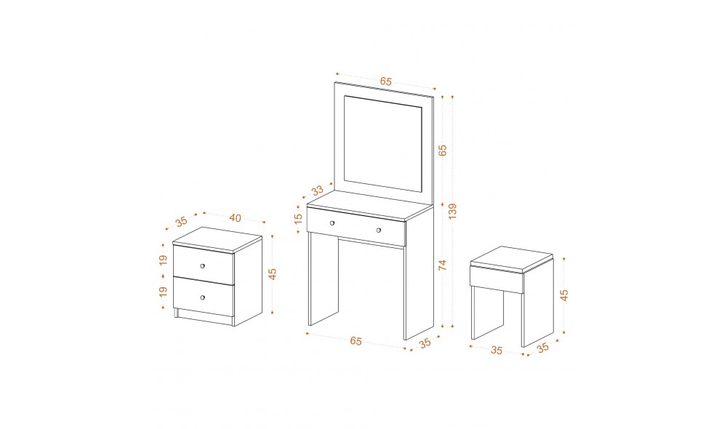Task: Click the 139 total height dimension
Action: pos(452,211)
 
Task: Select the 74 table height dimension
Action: pos(442,265)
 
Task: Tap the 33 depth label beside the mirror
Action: pos(317,191)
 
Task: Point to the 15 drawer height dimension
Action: pos(298,218)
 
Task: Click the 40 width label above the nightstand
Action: pos(235,217)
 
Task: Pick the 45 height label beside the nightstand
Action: pos(273,274)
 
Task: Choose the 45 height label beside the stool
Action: pos(564,295)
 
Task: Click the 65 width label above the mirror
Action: pos(386,81)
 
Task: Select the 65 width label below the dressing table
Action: pos(356,341)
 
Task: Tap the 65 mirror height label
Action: pos(442,151)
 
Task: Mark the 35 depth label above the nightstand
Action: pos(181,222)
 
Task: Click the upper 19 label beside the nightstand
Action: pos(163,260)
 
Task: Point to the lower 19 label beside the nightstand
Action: pos(163,292)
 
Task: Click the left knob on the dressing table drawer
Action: pos(332,223)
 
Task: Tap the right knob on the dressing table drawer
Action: pos(379,230)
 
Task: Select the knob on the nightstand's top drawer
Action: pos(203,265)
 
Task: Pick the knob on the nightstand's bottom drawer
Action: pos(203,297)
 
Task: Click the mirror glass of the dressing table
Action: pos(383,144)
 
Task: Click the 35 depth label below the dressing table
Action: pos(425,342)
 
